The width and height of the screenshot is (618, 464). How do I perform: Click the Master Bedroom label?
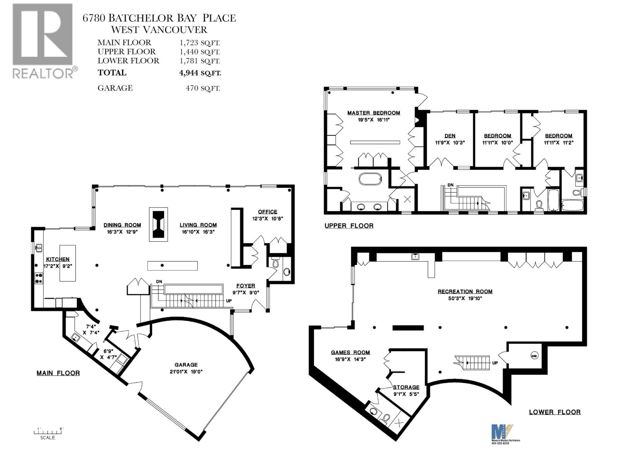point(374,113)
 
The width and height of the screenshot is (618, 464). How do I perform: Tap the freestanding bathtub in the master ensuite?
point(370,179)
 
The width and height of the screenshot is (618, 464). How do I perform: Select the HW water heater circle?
point(534,356)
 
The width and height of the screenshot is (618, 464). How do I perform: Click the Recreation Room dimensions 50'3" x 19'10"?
point(465,298)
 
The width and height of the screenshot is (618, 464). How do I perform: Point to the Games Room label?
point(350,352)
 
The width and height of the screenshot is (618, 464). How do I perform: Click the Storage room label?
point(406,387)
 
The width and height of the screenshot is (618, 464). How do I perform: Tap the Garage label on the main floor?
point(186,365)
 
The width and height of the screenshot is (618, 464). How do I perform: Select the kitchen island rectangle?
point(67,263)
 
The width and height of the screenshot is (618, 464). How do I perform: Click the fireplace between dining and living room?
point(158,224)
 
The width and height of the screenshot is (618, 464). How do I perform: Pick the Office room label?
point(268,212)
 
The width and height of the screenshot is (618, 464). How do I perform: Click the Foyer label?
point(246,286)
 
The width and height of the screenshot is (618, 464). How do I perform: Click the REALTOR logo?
point(43,41)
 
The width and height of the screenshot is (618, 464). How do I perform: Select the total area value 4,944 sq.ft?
point(200,73)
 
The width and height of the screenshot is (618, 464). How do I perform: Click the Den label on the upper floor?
point(450,136)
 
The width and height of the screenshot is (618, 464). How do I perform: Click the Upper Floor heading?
point(349,226)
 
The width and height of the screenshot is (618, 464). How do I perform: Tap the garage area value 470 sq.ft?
point(203,88)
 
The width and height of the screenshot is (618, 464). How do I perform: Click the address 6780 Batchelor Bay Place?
point(159,18)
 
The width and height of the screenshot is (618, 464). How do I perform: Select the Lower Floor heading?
point(555,412)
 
